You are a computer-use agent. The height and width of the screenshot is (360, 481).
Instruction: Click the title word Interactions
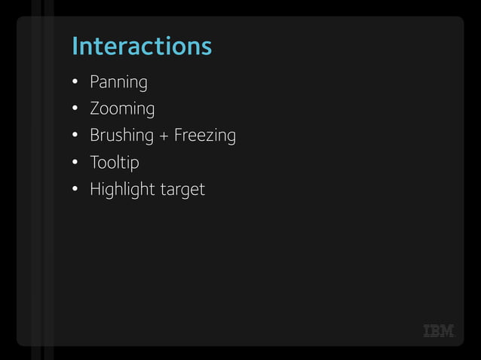pos(142,47)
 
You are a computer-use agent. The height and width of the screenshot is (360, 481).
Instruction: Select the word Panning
pos(118,82)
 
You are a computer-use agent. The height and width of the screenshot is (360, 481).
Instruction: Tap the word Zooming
pos(122,109)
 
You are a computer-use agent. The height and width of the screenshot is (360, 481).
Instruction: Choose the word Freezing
pos(205,136)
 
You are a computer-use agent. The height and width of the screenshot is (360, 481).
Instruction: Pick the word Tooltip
pos(115,163)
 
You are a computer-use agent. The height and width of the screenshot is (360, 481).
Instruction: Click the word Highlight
pos(123,190)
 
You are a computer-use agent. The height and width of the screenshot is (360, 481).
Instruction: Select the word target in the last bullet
pos(182,191)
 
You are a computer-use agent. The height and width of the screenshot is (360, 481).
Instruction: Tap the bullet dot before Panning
pos(75,81)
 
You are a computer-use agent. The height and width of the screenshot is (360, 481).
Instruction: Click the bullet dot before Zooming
pos(75,108)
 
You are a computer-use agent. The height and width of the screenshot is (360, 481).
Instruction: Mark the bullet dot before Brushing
pos(75,136)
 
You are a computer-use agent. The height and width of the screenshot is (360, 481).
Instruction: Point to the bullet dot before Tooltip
pos(75,162)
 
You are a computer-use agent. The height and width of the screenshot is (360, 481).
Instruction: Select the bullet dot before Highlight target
pos(75,189)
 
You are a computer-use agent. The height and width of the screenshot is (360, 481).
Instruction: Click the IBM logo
pos(439,331)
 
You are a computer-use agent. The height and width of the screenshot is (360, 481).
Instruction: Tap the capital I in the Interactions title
pos(75,47)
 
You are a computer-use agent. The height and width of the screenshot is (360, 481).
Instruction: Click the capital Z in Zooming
pos(95,108)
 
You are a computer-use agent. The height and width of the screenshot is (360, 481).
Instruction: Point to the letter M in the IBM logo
pos(448,331)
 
